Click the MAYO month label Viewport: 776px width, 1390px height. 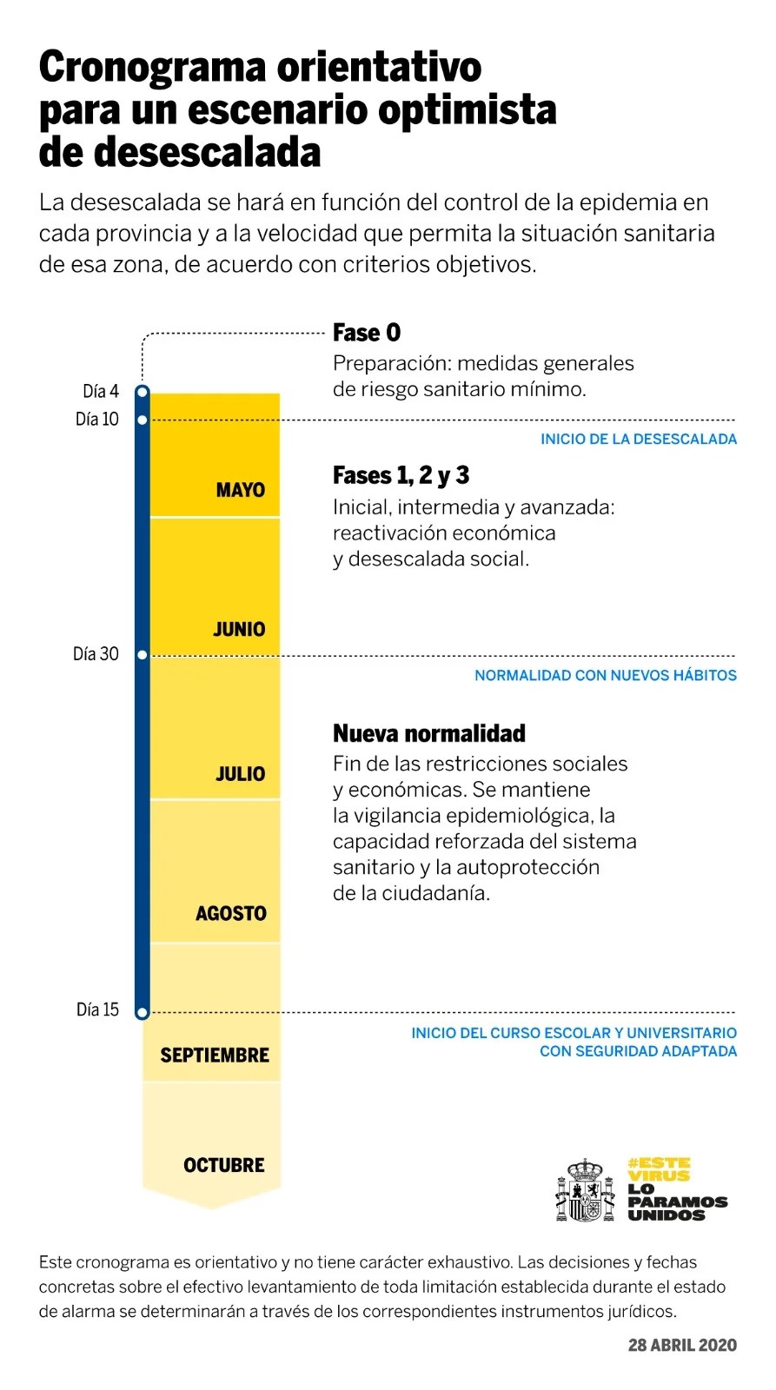click(240, 490)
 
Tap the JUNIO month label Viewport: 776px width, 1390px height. click(239, 629)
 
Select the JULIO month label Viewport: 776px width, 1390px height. click(240, 773)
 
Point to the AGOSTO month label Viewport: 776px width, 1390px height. click(230, 913)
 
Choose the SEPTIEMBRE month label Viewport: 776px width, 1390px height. click(215, 1056)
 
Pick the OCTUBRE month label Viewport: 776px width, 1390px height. click(223, 1165)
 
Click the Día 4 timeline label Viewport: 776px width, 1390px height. click(101, 391)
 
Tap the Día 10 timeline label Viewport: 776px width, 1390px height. click(96, 420)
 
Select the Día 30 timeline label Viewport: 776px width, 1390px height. click(96, 654)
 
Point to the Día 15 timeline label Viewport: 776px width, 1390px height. click(97, 1009)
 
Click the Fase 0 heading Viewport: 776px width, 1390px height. click(367, 333)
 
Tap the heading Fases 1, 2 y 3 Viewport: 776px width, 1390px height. click(401, 475)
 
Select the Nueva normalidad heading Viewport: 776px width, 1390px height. click(429, 733)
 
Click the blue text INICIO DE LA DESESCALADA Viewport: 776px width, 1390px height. click(638, 440)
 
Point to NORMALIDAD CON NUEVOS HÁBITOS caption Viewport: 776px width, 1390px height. click(605, 676)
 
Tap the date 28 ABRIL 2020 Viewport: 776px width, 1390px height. click(682, 1345)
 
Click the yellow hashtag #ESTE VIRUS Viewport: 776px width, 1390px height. click(660, 1169)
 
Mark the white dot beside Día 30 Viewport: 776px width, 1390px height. click(143, 655)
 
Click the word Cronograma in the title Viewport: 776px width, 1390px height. click(152, 67)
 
